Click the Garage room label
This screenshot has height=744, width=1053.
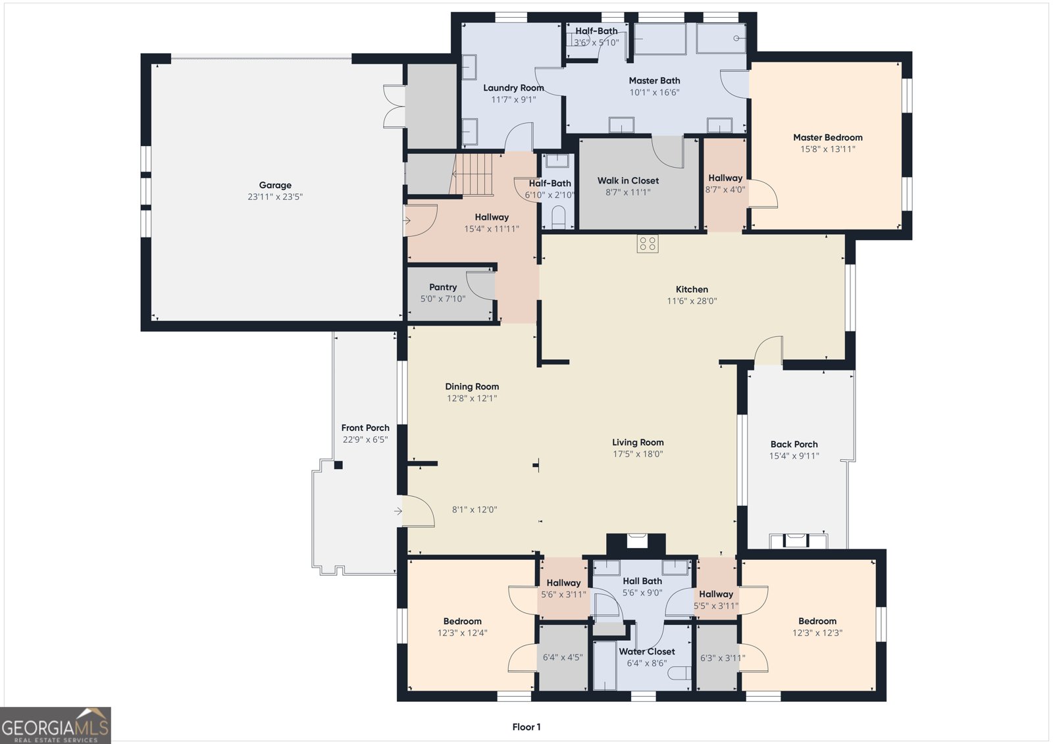pyautogui.click(x=275, y=185)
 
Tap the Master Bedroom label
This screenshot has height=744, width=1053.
pyautogui.click(x=828, y=137)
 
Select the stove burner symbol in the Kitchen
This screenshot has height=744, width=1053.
pyautogui.click(x=648, y=244)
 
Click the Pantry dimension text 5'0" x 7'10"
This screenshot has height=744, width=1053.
pyautogui.click(x=443, y=299)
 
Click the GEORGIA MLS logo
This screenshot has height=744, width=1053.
pyautogui.click(x=55, y=725)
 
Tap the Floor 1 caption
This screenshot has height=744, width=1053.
pyautogui.click(x=526, y=727)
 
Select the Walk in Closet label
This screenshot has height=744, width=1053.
pyautogui.click(x=628, y=180)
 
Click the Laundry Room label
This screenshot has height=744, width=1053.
pyautogui.click(x=513, y=88)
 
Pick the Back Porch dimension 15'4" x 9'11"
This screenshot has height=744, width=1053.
pyautogui.click(x=794, y=456)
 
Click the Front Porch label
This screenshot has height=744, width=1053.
pyautogui.click(x=365, y=428)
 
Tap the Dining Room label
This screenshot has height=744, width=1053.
pyautogui.click(x=472, y=387)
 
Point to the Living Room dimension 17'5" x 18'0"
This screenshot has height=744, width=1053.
pyautogui.click(x=638, y=454)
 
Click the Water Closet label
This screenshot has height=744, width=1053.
pyautogui.click(x=647, y=651)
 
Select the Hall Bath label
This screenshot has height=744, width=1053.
pyautogui.click(x=642, y=582)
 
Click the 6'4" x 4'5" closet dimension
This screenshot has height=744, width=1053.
pyautogui.click(x=563, y=657)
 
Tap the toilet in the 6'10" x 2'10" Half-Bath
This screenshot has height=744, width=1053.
pyautogui.click(x=558, y=218)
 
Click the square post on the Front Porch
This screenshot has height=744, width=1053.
pyautogui.click(x=338, y=465)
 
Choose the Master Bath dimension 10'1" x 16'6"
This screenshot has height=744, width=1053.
pyautogui.click(x=654, y=93)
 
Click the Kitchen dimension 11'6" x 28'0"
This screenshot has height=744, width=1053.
pyautogui.click(x=692, y=301)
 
